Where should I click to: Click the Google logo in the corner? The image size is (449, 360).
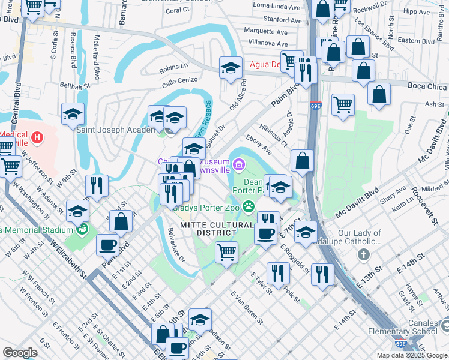[x=20, y=353]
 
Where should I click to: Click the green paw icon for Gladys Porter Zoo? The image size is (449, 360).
[x=249, y=208]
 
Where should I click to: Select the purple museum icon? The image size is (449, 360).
[x=239, y=163]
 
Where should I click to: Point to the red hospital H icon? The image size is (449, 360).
[x=38, y=138]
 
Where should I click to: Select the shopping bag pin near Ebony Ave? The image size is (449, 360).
[x=303, y=160]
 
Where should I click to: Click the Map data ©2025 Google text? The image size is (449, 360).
[x=412, y=355]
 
